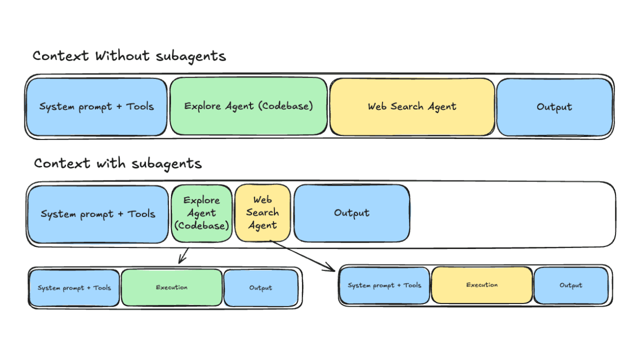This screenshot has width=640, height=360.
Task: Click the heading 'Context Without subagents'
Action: tap(129, 56)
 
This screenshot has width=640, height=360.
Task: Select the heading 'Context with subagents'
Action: tap(117, 163)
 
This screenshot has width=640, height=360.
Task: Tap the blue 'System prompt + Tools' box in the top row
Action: tap(96, 106)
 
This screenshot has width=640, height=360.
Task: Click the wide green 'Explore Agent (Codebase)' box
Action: tap(248, 106)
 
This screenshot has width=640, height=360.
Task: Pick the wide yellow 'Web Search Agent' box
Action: tap(412, 106)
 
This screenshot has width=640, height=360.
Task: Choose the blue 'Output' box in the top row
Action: tap(554, 107)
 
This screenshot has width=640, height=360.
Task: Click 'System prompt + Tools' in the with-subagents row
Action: tap(98, 214)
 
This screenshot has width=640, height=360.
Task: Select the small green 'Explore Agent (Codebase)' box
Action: tap(201, 213)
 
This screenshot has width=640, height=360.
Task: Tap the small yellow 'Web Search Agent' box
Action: tap(262, 213)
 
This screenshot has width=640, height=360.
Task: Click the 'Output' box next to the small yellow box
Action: tap(351, 213)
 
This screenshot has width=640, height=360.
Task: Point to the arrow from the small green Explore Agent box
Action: tap(183, 254)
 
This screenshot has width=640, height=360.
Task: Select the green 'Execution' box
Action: tap(171, 287)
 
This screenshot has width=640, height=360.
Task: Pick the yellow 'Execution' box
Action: tap(481, 285)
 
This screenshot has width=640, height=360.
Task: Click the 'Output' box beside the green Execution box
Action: tap(260, 288)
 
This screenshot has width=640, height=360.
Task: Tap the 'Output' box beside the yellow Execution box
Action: tap(570, 285)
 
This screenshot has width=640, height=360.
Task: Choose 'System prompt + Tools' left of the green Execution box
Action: tap(74, 288)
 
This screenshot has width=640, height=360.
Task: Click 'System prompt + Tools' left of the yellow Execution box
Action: tap(384, 285)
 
